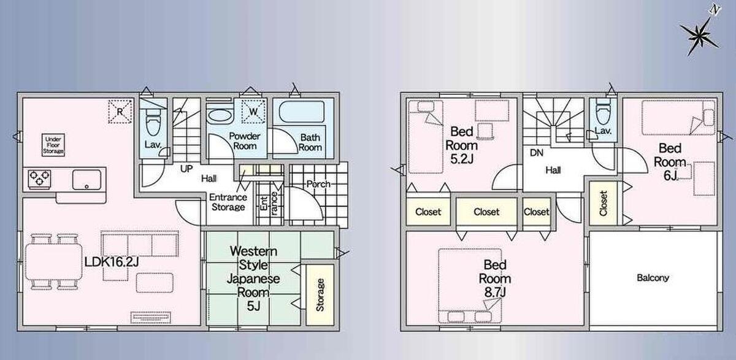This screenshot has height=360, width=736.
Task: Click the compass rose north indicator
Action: point(700,34)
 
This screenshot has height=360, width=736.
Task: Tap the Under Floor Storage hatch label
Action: point(53,145)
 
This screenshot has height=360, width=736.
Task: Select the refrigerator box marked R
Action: point(120,112)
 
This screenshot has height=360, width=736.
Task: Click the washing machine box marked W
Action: point(253,112)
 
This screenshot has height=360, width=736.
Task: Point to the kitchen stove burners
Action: point(40,179)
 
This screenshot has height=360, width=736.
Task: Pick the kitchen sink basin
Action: point(86,179)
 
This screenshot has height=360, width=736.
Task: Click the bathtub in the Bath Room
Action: point(302,112)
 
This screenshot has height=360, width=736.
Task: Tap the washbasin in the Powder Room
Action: point(219,117)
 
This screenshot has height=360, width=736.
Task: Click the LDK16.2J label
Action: point(112,262)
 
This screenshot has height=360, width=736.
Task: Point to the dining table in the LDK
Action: point(53,262)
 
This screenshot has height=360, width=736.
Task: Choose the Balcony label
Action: point(653,278)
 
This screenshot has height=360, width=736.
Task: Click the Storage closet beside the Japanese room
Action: point(320,294)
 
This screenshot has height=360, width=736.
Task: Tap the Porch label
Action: point(318,184)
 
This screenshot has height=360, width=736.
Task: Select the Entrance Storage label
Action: point(228,202)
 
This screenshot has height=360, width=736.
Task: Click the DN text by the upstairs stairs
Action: point(537,153)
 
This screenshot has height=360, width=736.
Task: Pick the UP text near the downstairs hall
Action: point(186,169)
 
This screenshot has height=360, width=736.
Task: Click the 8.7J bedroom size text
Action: point(495,293)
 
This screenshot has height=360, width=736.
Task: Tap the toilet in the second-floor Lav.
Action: point(603,113)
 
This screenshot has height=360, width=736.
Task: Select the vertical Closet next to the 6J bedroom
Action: point(604,204)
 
